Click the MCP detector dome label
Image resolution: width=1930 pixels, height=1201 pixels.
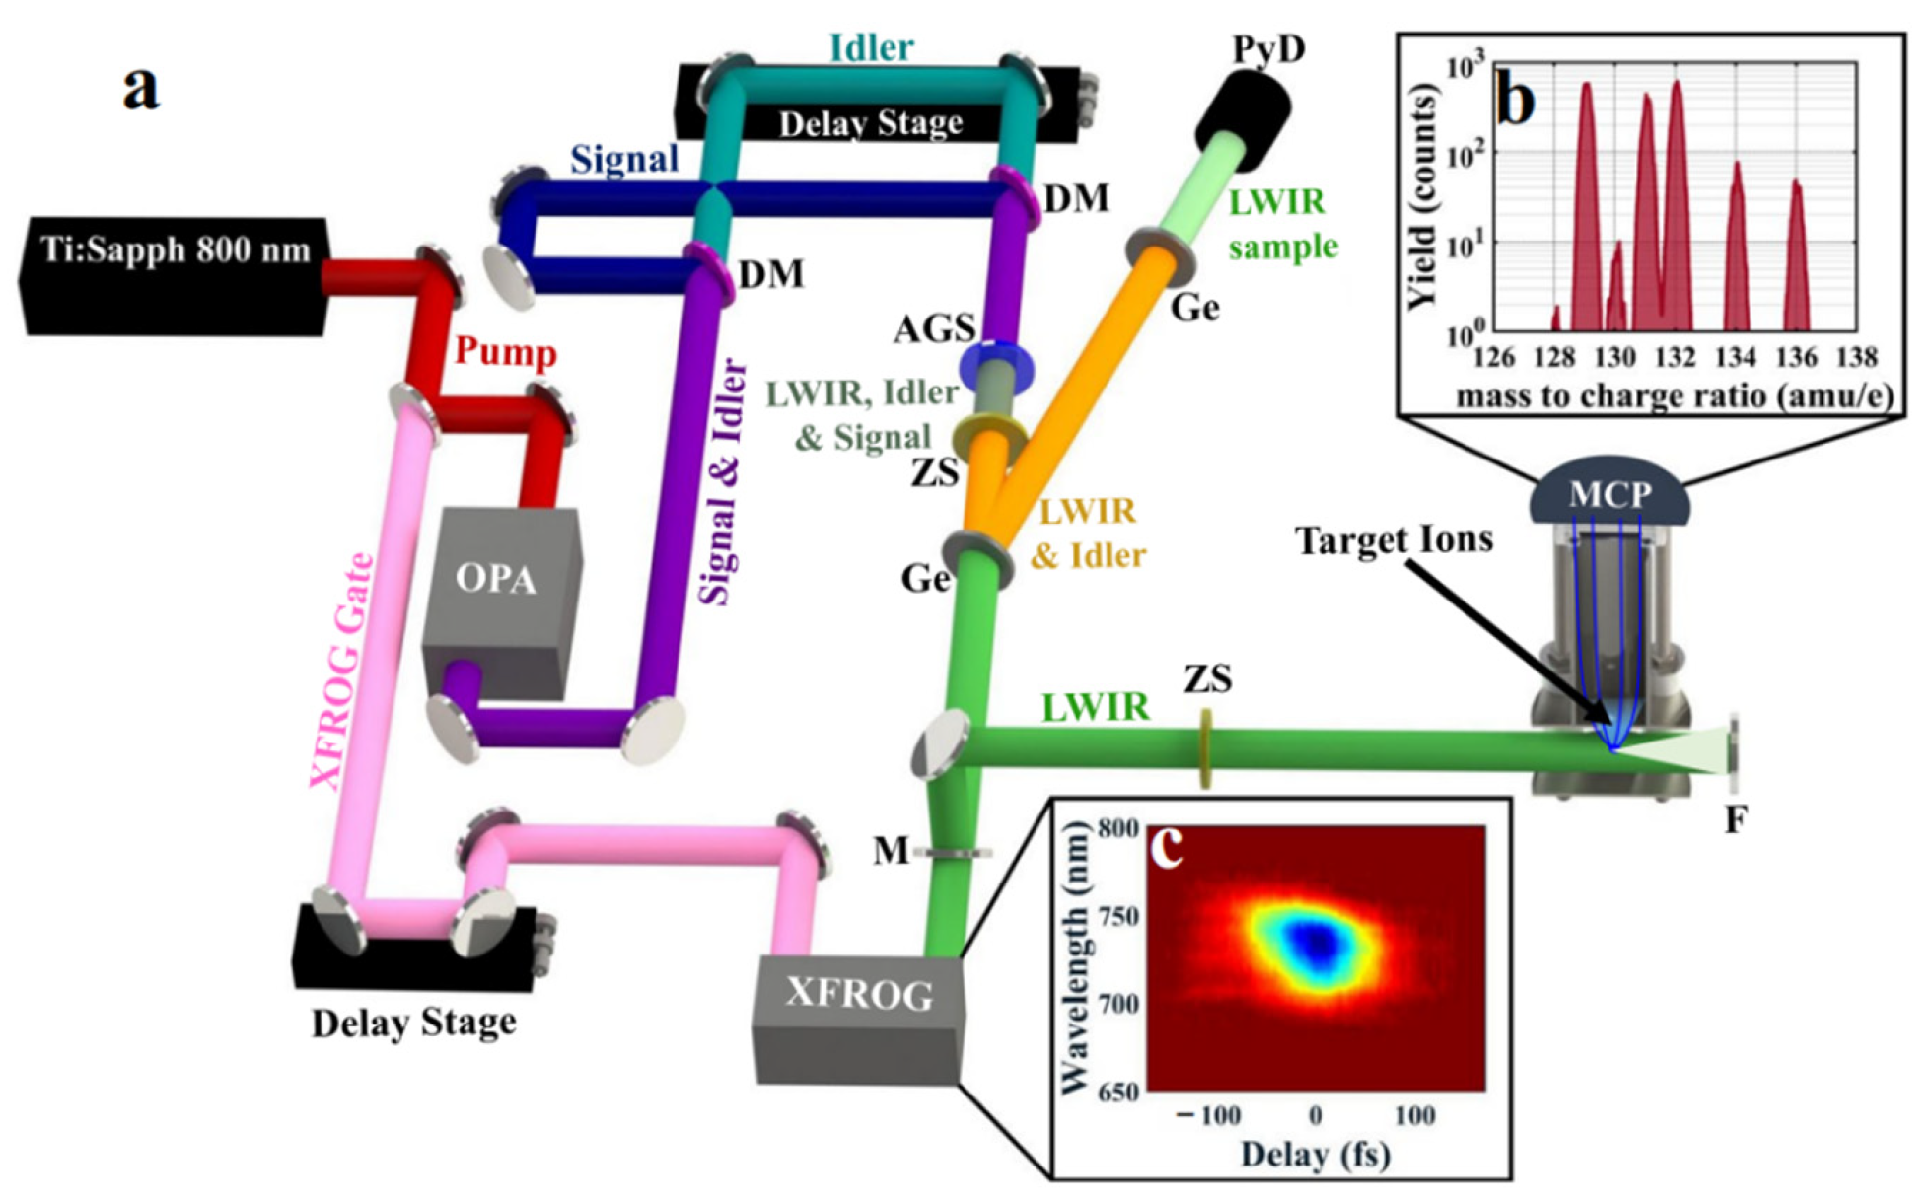1609,493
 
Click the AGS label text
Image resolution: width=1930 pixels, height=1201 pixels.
934,329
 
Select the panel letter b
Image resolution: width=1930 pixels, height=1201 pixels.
1515,98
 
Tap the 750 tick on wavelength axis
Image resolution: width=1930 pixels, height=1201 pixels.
1118,916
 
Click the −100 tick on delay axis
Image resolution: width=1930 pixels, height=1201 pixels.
1209,1115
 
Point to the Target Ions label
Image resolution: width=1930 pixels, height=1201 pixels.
1394,540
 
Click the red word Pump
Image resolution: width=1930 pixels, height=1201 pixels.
505,352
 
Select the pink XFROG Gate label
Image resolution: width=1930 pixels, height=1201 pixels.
342,671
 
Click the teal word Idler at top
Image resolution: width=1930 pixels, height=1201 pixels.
871,47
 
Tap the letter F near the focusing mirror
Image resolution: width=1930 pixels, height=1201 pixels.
1736,818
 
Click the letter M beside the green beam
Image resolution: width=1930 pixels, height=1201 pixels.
891,849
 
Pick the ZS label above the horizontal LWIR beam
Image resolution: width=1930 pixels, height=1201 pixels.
1207,678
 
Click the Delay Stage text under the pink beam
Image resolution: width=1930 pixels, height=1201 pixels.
413,1024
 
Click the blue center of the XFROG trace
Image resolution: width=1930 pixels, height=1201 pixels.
1316,942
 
